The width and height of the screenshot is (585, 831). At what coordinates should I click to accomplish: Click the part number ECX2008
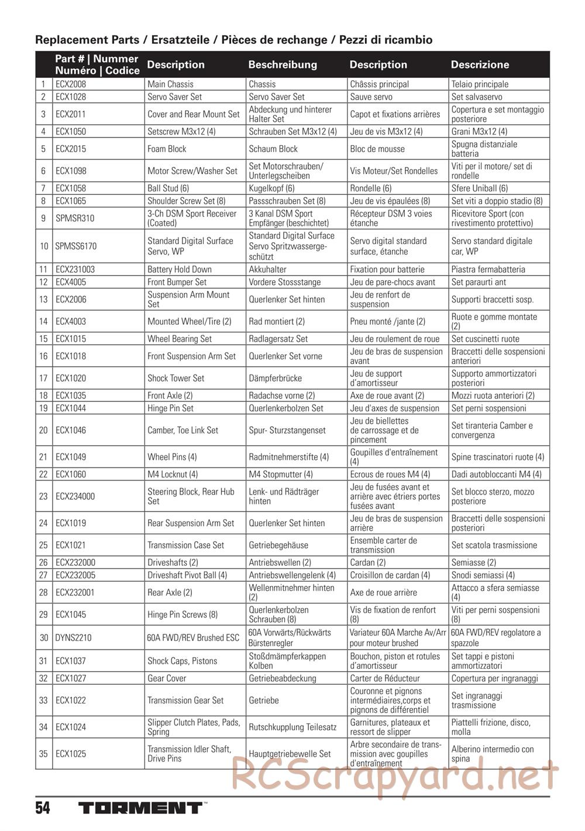tap(71, 84)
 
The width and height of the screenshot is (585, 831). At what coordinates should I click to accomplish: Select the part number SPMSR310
tap(74, 218)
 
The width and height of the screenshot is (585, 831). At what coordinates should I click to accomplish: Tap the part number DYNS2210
tap(73, 638)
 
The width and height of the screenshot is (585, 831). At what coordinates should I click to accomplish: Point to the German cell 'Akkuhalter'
tap(268, 270)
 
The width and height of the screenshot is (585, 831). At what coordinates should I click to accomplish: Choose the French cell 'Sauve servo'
tap(371, 97)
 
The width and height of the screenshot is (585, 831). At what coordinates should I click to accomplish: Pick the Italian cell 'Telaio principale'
tap(480, 84)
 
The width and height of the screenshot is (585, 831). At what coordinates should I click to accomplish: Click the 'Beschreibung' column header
tap(283, 65)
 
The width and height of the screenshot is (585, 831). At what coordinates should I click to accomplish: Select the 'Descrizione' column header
tap(480, 65)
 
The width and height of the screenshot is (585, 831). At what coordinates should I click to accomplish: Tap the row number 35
tap(43, 754)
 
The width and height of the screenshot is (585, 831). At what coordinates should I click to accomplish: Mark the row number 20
tap(43, 430)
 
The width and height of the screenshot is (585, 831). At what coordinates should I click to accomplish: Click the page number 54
tap(43, 809)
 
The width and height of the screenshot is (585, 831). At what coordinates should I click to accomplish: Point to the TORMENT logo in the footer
tap(140, 809)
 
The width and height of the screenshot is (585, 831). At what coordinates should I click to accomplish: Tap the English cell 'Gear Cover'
tap(167, 679)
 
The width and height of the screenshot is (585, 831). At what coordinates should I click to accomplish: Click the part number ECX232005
tap(75, 575)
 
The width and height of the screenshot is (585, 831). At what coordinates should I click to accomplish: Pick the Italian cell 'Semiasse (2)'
tap(474, 563)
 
